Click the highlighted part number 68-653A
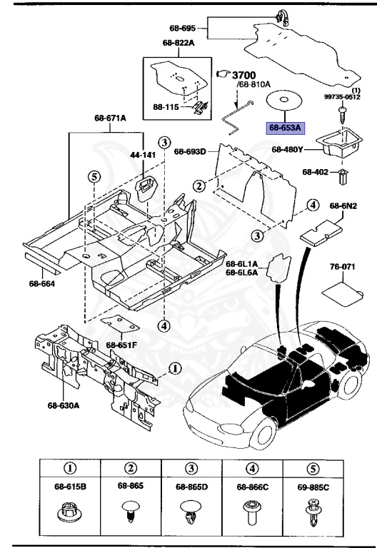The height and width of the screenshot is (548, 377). coord(286,128)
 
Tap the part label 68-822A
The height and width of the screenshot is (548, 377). coord(179,43)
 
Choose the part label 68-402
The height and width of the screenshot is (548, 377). coord(316,172)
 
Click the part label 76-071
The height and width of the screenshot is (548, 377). coord(341,268)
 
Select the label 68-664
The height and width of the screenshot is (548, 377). coord(42,283)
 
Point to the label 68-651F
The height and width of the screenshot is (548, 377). coord(122,345)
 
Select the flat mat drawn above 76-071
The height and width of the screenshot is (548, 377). coord(340,290)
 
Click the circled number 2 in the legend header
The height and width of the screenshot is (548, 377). coord(130,469)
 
